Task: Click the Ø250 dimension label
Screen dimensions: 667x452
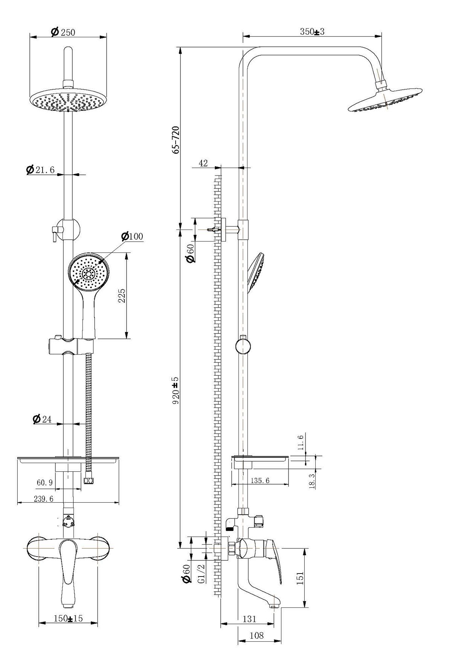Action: coord(63,32)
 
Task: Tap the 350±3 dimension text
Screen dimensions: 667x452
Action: coord(312,32)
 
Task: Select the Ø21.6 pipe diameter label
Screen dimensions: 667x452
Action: coord(40,170)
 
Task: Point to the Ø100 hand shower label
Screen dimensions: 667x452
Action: coord(132,237)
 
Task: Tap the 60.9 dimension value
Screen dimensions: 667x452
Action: coord(44,483)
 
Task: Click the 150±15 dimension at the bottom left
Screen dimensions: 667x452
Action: coord(68,619)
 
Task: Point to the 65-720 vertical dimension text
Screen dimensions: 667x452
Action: coord(176,139)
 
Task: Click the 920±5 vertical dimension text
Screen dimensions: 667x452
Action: coord(176,390)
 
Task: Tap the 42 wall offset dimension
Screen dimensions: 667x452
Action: coord(203,163)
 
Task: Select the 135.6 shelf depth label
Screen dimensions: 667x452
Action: coord(260,480)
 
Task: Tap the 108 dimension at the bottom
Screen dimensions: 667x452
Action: coord(257,635)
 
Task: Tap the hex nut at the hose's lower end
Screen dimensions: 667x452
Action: coord(89,481)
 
